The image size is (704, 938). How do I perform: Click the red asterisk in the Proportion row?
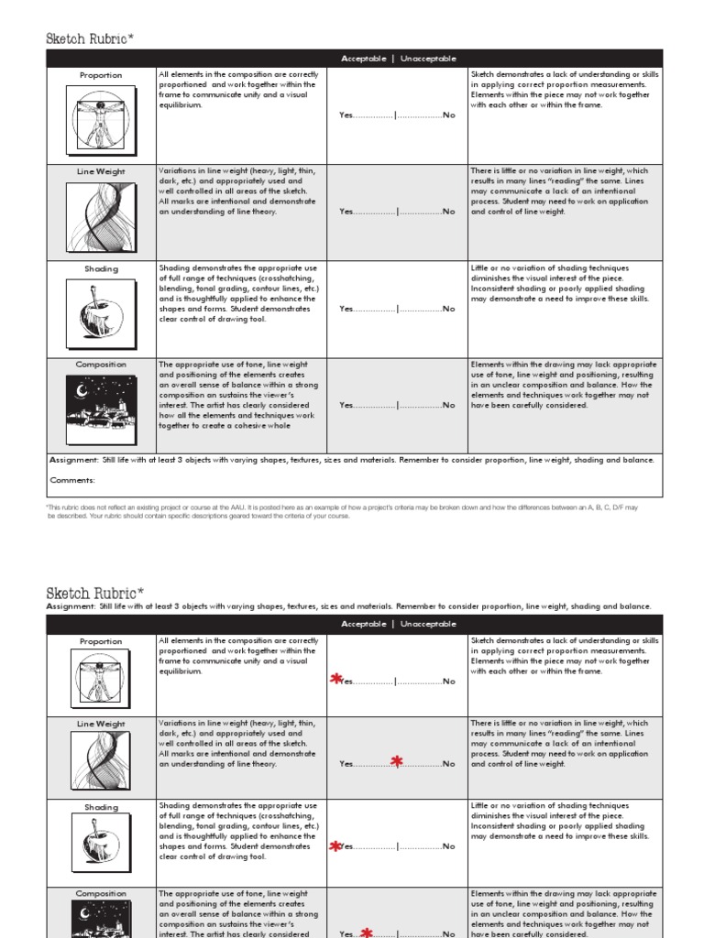pos(336,680)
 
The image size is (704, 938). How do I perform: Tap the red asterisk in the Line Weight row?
pos(396,761)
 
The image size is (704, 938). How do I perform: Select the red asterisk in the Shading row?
pos(335,846)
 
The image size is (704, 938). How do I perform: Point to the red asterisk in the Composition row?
pos(366,932)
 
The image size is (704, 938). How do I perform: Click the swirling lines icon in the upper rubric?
pos(101,216)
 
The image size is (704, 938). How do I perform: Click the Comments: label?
pos(71,480)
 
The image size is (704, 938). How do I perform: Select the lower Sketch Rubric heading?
pos(94,594)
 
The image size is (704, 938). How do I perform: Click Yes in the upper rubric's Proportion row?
pos(346,115)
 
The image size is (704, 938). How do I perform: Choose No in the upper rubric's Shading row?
pos(448,309)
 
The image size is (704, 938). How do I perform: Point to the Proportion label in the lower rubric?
pos(101,641)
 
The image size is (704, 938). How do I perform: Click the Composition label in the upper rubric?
pos(101,365)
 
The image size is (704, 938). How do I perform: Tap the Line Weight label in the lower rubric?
pos(101,724)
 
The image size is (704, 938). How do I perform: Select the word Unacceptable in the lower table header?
pos(428,624)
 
